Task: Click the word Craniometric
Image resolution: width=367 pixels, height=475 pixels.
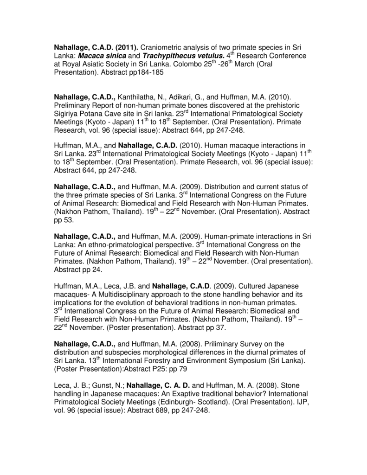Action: coord(162,47)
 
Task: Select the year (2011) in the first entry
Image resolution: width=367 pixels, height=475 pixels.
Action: coord(124,47)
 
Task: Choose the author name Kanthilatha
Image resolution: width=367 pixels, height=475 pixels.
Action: coord(138,97)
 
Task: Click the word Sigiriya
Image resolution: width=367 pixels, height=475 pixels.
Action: coord(68,114)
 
